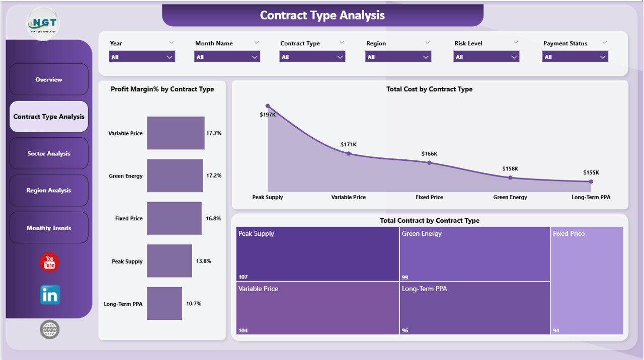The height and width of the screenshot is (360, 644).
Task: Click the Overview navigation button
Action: point(49,79)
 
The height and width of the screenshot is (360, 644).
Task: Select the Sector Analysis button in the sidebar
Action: point(49,153)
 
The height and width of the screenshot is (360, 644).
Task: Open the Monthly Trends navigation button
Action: point(49,228)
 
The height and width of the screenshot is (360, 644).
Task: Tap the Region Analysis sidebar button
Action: point(49,191)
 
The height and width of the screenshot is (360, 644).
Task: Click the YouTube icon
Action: point(49,262)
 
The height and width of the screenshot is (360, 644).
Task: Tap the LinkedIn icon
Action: point(50,295)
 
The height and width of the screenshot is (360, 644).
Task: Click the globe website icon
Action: point(50,330)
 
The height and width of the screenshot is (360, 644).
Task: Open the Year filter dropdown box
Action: point(142,57)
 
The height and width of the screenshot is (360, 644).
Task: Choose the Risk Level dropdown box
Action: point(486,57)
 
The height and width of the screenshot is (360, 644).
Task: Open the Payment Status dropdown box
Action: point(575,57)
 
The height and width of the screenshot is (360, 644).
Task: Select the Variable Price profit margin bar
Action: point(176,133)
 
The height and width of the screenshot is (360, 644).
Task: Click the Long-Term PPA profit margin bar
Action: point(165,304)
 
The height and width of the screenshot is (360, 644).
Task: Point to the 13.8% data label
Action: point(203,261)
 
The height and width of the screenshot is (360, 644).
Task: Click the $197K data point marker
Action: point(268,106)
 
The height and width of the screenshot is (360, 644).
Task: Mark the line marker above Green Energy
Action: point(510,177)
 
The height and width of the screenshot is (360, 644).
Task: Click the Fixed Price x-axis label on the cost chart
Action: point(429,197)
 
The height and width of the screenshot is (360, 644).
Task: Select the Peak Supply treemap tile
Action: point(317,254)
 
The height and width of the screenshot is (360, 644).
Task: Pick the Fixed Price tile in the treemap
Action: point(587,281)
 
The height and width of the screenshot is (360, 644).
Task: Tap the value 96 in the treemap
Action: point(406,330)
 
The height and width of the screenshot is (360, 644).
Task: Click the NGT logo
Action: point(43,23)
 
